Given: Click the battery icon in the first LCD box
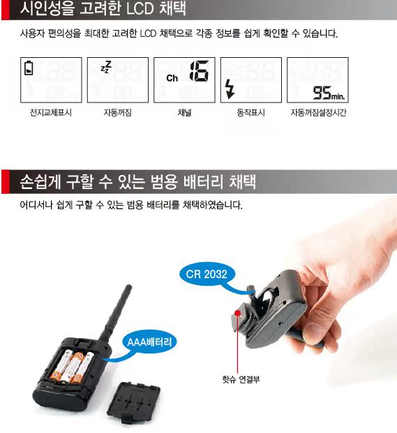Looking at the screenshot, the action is point(29,68).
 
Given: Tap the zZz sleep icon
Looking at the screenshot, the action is point(106,67).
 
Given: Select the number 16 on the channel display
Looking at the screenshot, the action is point(199,70).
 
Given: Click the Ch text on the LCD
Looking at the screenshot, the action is point(172,78).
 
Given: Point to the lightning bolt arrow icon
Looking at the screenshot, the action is point(230,89).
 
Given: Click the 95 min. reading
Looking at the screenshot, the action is point(329,93).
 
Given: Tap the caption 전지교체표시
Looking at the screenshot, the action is point(51,112).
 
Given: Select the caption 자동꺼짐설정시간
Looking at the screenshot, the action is point(318,112).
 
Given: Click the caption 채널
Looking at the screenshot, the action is point(184,112).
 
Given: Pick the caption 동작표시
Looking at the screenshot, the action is point(251,112).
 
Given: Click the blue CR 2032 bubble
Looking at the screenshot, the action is point(207,274).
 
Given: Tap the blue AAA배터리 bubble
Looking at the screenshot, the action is point(149,342).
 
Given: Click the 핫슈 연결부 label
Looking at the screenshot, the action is point(241,379).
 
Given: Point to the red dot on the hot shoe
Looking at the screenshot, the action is point(237,312).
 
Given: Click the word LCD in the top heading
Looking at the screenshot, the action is point(140,9).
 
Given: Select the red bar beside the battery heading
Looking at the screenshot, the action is point(6,181).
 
